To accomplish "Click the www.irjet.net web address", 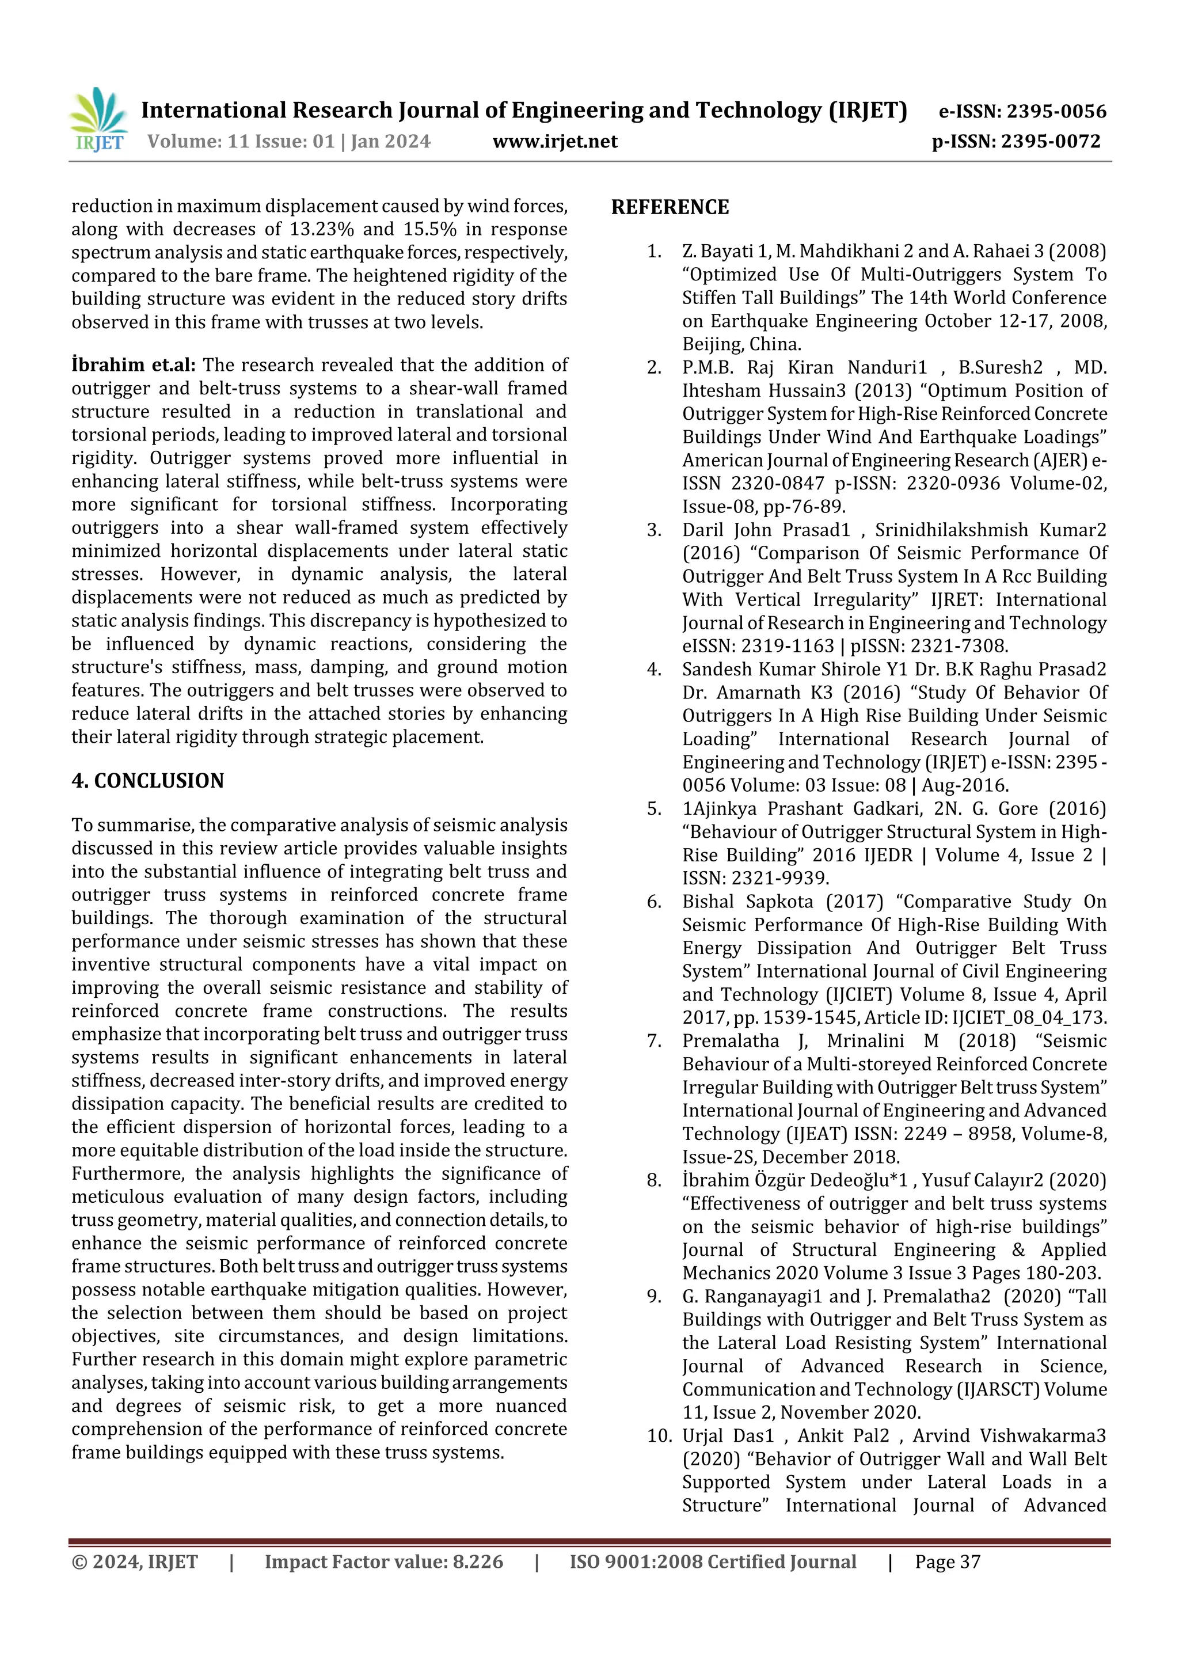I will [x=555, y=142].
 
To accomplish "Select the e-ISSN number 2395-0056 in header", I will [x=1056, y=112].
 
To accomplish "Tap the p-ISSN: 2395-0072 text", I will [x=1016, y=142].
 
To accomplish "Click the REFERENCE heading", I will [x=670, y=208].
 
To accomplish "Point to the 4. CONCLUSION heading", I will [x=147, y=781].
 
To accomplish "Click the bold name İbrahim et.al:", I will [x=134, y=366].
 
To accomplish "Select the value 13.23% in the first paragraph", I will [x=322, y=230].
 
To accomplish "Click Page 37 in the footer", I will [x=947, y=1562].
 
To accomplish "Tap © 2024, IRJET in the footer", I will [x=134, y=1562].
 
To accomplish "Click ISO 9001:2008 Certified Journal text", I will [x=713, y=1562].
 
